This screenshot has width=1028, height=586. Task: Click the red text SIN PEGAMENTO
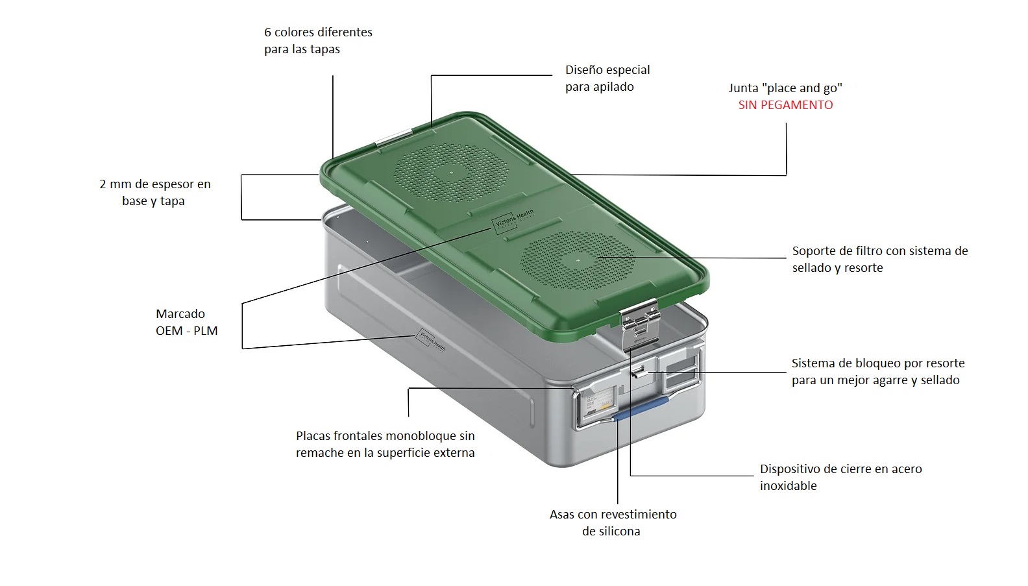click(785, 105)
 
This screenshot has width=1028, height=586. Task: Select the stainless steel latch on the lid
click(640, 325)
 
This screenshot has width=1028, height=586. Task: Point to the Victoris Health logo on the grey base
click(430, 339)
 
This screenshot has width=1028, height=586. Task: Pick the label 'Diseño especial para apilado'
click(607, 79)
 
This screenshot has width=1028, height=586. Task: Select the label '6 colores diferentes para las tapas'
click(318, 41)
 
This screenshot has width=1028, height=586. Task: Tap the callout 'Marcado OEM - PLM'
click(186, 322)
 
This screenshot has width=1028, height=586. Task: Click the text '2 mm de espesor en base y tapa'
click(154, 193)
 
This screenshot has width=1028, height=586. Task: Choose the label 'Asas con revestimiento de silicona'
click(613, 522)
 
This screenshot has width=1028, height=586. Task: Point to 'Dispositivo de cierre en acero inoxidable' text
click(840, 477)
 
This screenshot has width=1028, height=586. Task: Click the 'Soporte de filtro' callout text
click(880, 260)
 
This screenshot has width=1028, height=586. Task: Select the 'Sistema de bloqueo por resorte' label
click(878, 372)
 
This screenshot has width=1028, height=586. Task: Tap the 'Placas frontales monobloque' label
click(385, 444)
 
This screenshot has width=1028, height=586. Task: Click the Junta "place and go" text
click(785, 88)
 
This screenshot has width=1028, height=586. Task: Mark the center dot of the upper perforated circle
click(451, 173)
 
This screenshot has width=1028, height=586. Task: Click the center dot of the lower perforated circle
click(578, 261)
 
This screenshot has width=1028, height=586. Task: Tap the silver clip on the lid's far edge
click(393, 137)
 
